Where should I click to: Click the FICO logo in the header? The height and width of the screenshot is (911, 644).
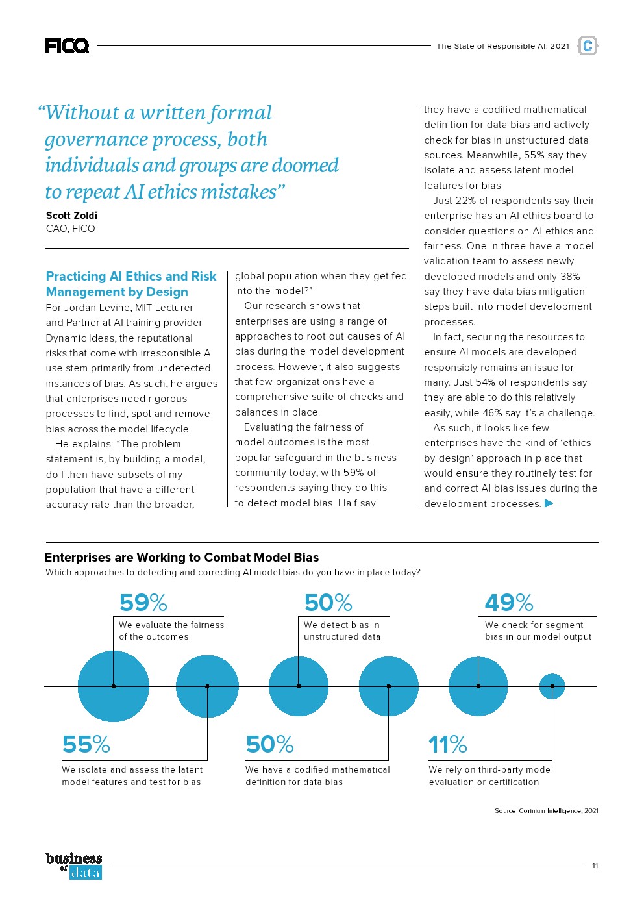coord(67,45)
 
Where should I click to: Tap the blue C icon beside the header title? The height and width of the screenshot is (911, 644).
coord(588,45)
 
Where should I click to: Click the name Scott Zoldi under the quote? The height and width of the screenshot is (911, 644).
coord(71,215)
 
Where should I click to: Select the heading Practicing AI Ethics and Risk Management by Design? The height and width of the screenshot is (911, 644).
coord(131,284)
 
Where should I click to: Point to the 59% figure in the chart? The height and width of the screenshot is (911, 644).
coord(143,603)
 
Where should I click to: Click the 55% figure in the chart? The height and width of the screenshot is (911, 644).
coord(86,744)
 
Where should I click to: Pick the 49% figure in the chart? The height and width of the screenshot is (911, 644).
coord(509,603)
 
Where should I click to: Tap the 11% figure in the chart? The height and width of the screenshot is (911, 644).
coord(448,744)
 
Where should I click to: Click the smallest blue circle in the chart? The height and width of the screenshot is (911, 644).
coord(552,686)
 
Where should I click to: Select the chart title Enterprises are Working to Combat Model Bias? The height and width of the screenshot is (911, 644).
coord(182,557)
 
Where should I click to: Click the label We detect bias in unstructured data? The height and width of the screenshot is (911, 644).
coord(342,630)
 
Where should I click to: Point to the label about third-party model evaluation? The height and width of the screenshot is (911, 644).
coord(491,775)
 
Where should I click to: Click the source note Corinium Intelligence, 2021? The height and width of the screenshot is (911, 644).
coord(546,810)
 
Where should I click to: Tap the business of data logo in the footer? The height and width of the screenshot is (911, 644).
coord(74,866)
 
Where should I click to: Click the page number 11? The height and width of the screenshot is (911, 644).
coord(595,866)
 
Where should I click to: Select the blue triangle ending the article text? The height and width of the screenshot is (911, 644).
coord(549,503)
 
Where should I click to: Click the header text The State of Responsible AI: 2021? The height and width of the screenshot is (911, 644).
coord(502,46)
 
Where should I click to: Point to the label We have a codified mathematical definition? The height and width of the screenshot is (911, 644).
coord(317,775)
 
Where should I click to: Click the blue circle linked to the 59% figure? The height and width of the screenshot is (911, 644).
coord(114,686)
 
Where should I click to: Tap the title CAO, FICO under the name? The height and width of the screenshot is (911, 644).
coord(70,229)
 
